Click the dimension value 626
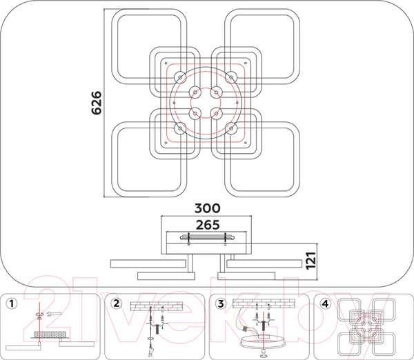pyautogui.click(x=97, y=103)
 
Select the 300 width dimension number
pyautogui.click(x=207, y=208)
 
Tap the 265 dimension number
pyautogui.click(x=208, y=225)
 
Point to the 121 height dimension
pyautogui.click(x=310, y=261)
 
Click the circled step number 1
pyautogui.click(x=11, y=303)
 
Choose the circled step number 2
pyautogui.click(x=117, y=303)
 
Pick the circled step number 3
pyautogui.click(x=221, y=303)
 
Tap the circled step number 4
pyautogui.click(x=325, y=303)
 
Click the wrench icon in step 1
pyautogui.click(x=54, y=314)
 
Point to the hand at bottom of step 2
pyautogui.click(x=151, y=350)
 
